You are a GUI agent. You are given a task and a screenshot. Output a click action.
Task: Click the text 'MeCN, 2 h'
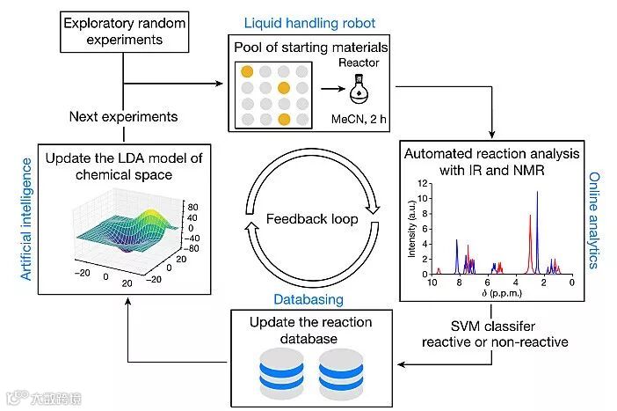359,118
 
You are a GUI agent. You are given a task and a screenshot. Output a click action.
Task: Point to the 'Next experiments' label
124,116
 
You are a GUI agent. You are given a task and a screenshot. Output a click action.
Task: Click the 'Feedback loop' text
311,218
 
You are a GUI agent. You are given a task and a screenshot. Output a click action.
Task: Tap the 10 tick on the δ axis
432,283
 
